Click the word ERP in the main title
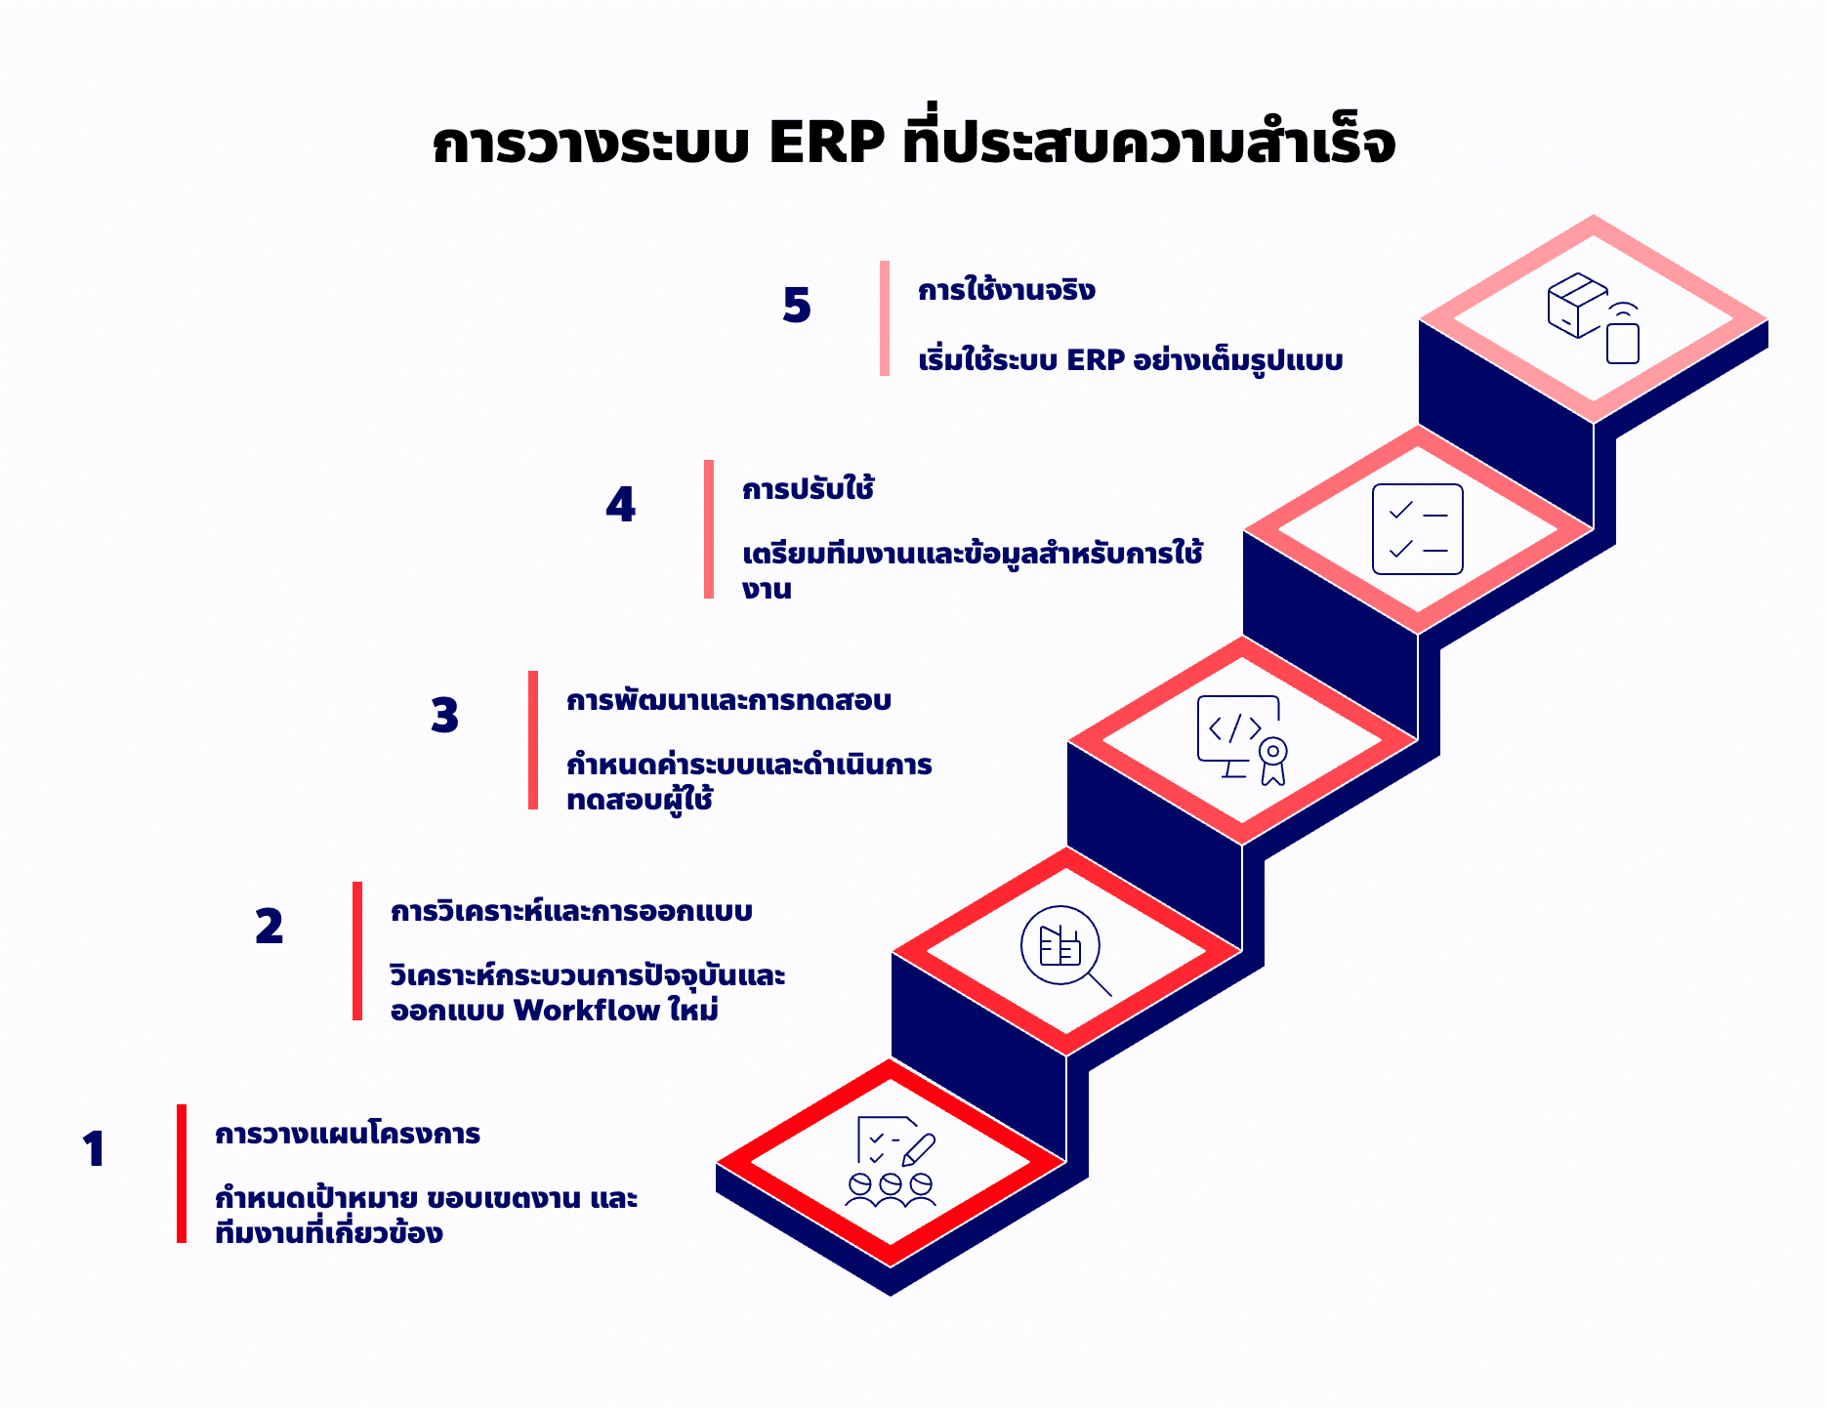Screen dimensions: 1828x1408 pyautogui.click(x=827, y=143)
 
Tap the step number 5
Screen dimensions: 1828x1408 pyautogui.click(x=797, y=306)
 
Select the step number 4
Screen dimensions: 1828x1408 pyautogui.click(x=621, y=505)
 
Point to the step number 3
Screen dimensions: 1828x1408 pyautogui.click(x=445, y=716)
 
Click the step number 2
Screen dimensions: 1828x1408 pyautogui.click(x=270, y=927)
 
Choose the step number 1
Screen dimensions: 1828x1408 pyautogui.click(x=94, y=1149)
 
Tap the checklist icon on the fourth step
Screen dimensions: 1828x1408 pyautogui.click(x=1418, y=529)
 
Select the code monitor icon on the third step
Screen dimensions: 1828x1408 pyautogui.click(x=1242, y=740)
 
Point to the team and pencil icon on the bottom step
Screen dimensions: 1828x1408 pyautogui.click(x=891, y=1162)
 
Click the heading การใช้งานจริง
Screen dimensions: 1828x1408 pyautogui.click(x=1007, y=290)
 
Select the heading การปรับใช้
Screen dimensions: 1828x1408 pyautogui.click(x=809, y=488)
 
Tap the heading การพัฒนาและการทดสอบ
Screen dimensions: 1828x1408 pyautogui.click(x=729, y=701)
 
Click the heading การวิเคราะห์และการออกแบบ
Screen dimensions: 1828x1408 pyautogui.click(x=572, y=911)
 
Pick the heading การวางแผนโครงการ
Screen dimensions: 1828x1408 pyautogui.click(x=348, y=1134)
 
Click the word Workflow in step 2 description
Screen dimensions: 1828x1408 pyautogui.click(x=587, y=1011)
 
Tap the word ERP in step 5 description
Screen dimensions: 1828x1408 pyautogui.click(x=1096, y=360)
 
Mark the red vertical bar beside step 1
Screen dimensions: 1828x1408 pyautogui.click(x=182, y=1174)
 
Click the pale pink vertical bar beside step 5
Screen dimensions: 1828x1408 pyautogui.click(x=885, y=318)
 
